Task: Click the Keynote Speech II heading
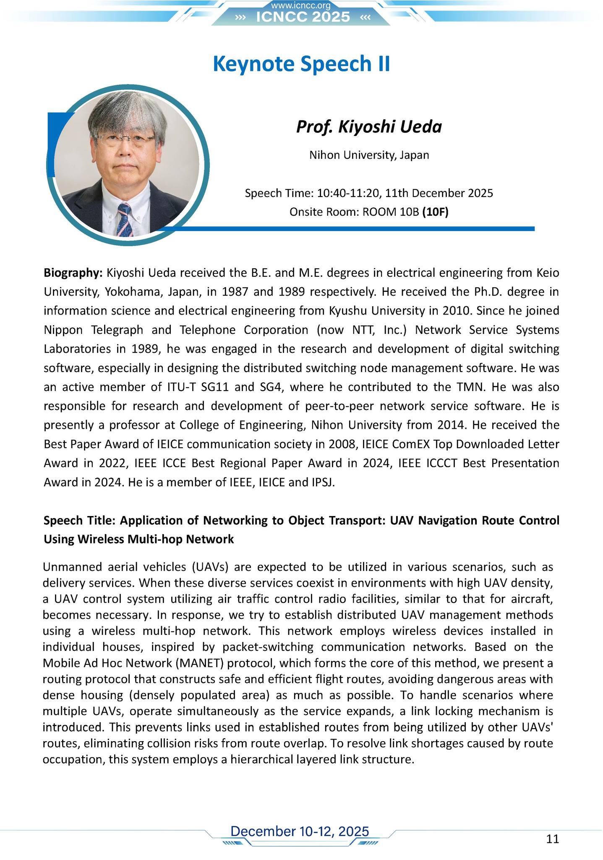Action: pyautogui.click(x=301, y=64)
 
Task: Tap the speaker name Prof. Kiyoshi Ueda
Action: pyautogui.click(x=369, y=126)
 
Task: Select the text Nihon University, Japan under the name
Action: pyautogui.click(x=369, y=155)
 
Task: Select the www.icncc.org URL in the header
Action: pyautogui.click(x=301, y=5)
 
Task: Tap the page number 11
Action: pyautogui.click(x=553, y=839)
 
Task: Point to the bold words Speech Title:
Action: pyautogui.click(x=80, y=521)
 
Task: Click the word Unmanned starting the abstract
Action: pyautogui.click(x=78, y=567)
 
